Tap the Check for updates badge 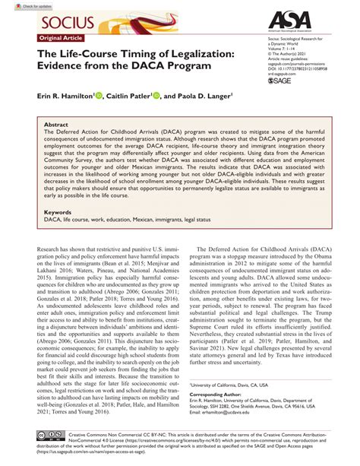(21, 6)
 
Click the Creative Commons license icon (39, 434)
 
